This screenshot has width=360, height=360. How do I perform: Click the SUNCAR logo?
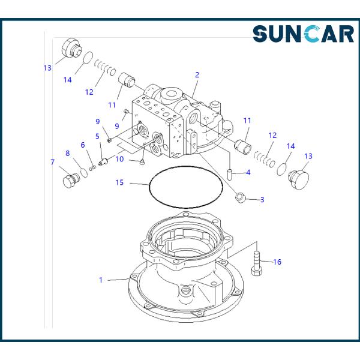pos(303,34)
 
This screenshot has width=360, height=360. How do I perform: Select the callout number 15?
pos(119,182)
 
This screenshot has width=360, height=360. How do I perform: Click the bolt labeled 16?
pos(256,263)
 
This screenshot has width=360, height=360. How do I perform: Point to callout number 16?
pos(277,262)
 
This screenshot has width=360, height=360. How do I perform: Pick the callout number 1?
pos(101,280)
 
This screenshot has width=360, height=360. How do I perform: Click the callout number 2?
pos(197,75)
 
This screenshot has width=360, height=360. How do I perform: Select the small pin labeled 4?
pos(230,175)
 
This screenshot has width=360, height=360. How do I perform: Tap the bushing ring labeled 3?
pos(241,197)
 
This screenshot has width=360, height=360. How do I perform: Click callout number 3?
pos(262,200)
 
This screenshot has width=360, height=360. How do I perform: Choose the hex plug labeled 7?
pos(70,181)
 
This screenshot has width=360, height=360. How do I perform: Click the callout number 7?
pos(53,163)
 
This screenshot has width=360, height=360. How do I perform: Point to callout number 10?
pos(119,159)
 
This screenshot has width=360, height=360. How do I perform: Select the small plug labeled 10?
pos(142,163)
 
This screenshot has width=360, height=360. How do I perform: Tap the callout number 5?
pos(97,136)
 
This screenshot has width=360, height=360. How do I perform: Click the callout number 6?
pos(83,145)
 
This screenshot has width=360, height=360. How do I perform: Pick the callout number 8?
pos(67,154)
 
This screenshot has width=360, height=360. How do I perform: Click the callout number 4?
pos(248,173)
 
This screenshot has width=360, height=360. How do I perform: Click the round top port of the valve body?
pos(170,94)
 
